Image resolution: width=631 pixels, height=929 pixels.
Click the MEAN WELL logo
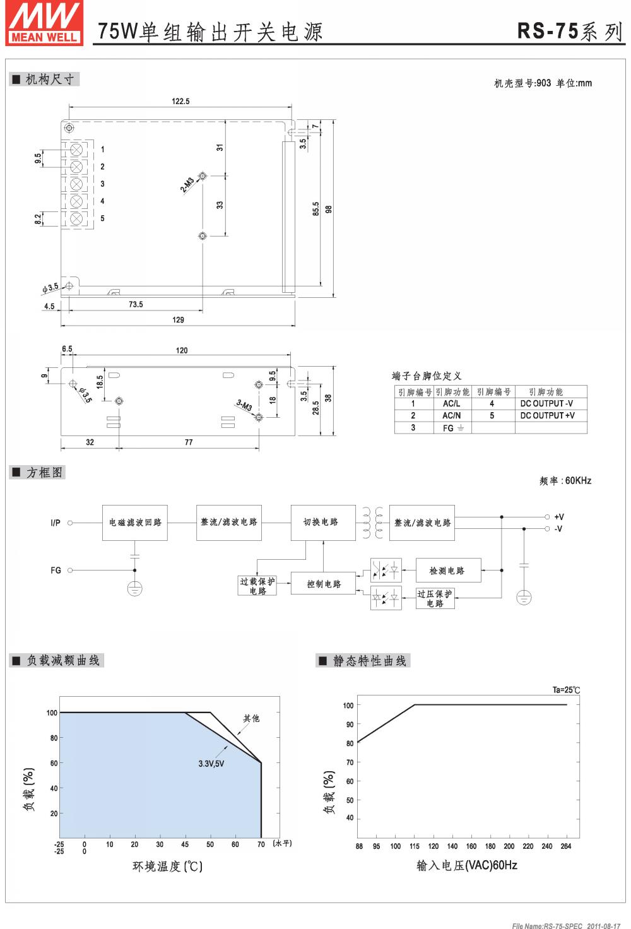(x=44, y=23)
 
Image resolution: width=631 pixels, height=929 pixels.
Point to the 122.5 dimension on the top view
(x=180, y=101)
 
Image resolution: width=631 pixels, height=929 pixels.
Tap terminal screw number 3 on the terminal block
(x=77, y=184)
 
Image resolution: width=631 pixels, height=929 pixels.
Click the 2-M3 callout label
(x=187, y=184)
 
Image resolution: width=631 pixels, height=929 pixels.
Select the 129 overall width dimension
(x=178, y=320)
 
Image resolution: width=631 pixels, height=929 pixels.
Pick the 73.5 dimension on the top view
(x=136, y=304)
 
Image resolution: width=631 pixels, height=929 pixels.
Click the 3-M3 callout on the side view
(x=244, y=405)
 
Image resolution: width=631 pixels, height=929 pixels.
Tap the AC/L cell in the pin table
(x=451, y=403)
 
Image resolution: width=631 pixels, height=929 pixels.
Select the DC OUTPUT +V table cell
(x=547, y=415)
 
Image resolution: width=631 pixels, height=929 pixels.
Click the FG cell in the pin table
(x=451, y=428)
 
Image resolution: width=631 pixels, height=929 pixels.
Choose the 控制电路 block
(x=324, y=584)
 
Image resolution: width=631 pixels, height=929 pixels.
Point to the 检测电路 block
(x=447, y=571)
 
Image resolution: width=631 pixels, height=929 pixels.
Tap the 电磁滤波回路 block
(x=135, y=523)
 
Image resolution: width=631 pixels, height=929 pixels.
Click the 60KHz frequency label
(x=577, y=480)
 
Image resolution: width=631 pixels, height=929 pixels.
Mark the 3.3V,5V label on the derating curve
(x=211, y=764)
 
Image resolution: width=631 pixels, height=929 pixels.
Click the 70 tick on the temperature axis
(x=261, y=844)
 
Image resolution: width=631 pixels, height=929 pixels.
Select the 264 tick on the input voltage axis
(x=566, y=846)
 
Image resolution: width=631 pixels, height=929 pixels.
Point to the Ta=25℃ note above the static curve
(x=566, y=690)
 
